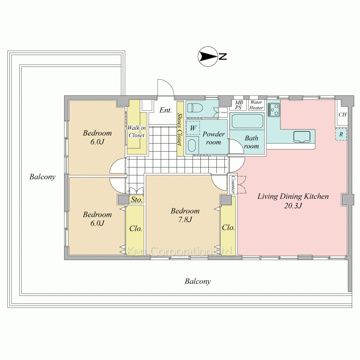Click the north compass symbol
click(208, 57)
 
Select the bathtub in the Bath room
click(247, 121)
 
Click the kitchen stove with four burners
click(274, 110)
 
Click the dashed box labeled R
click(341, 134)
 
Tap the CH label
click(342, 114)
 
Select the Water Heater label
click(256, 105)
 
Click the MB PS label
click(239, 105)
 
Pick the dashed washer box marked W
click(193, 128)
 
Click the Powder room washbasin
click(192, 145)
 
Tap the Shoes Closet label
click(180, 129)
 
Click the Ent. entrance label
click(166, 110)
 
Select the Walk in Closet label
click(136, 131)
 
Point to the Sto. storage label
click(136, 199)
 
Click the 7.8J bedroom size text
click(185, 220)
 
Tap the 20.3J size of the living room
click(293, 206)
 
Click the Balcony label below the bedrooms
click(198, 281)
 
